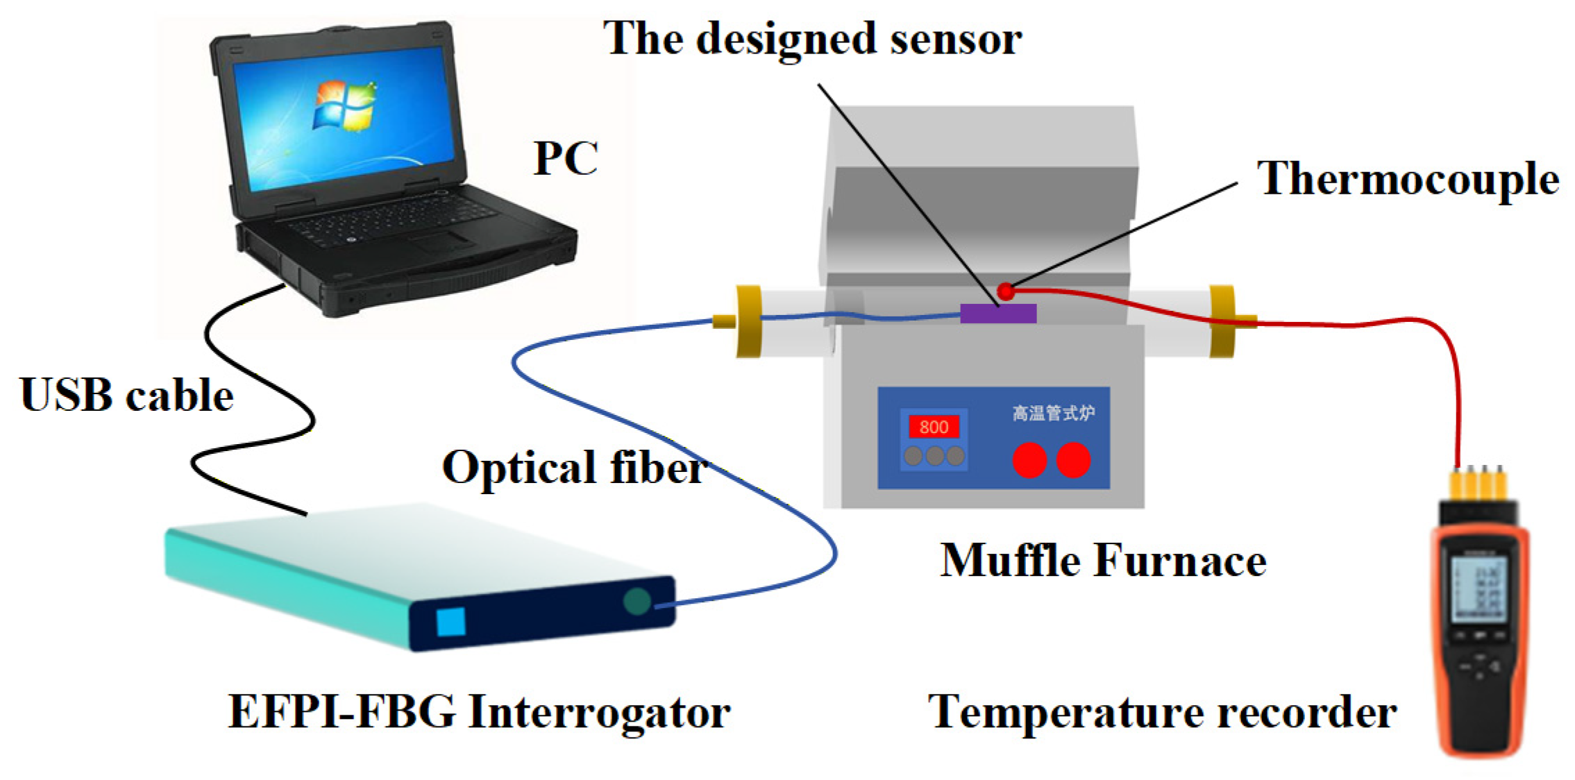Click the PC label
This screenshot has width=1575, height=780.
point(565,159)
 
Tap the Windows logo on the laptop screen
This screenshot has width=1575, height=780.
point(344,106)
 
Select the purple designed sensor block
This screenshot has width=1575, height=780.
point(997,314)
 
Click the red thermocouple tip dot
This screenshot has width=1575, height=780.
point(1006,291)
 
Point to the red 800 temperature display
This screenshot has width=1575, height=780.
point(934,427)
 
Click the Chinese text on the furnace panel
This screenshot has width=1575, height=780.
point(1053,414)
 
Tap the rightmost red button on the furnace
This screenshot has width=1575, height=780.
point(1073,460)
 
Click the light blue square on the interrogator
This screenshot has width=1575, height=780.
point(450,622)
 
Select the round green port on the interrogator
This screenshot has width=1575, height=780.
point(637,601)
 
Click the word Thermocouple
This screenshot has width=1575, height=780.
point(1408,179)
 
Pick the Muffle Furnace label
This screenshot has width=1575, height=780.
point(1103,560)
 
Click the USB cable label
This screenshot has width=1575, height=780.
point(127,396)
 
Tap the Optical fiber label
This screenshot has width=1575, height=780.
point(575,467)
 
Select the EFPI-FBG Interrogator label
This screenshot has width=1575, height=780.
point(479,712)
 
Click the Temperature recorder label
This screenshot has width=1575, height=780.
point(1162,712)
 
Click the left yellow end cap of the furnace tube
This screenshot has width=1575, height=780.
point(748,321)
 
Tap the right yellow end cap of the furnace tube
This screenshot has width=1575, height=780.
point(1222,321)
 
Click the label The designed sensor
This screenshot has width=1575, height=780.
point(812,38)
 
